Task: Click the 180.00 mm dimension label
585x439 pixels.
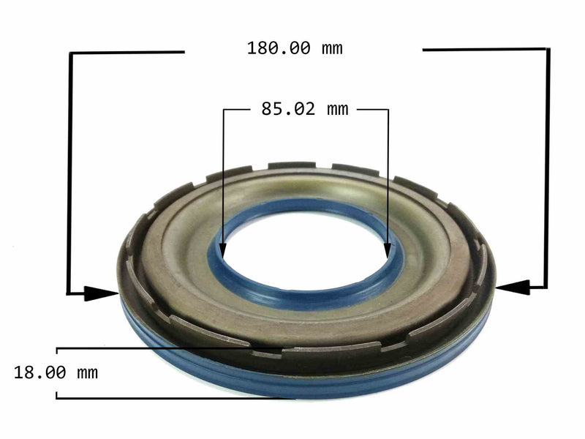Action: (x=295, y=49)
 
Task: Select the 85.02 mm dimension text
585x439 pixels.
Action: (x=305, y=110)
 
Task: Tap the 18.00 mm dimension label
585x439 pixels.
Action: (x=56, y=372)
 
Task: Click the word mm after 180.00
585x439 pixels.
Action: (x=331, y=49)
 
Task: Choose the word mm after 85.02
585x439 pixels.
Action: (x=337, y=110)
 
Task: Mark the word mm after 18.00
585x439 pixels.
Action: (x=87, y=372)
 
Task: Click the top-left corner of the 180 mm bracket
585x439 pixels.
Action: (x=70, y=53)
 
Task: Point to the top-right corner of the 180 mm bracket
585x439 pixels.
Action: (x=548, y=50)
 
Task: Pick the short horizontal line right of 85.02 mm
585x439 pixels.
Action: (x=371, y=110)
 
